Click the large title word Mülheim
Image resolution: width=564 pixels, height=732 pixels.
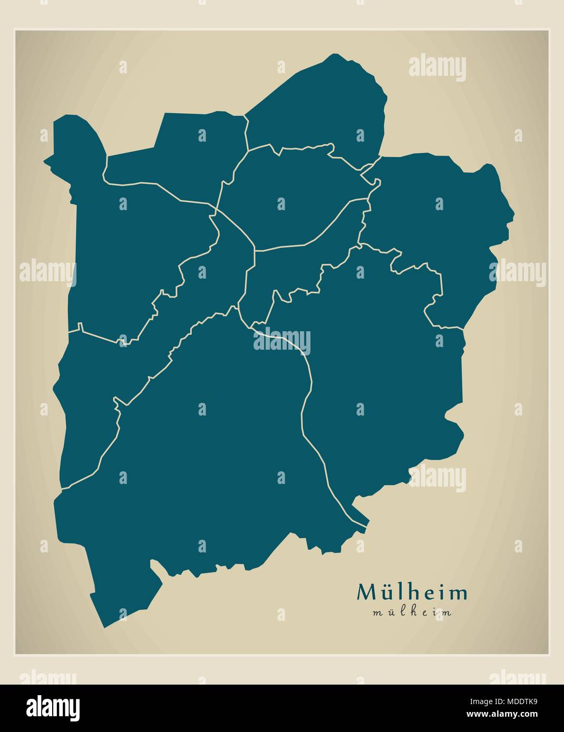pos(412,592)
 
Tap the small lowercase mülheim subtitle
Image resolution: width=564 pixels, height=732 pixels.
pos(412,612)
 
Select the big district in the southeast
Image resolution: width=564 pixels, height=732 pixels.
pos(380,379)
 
